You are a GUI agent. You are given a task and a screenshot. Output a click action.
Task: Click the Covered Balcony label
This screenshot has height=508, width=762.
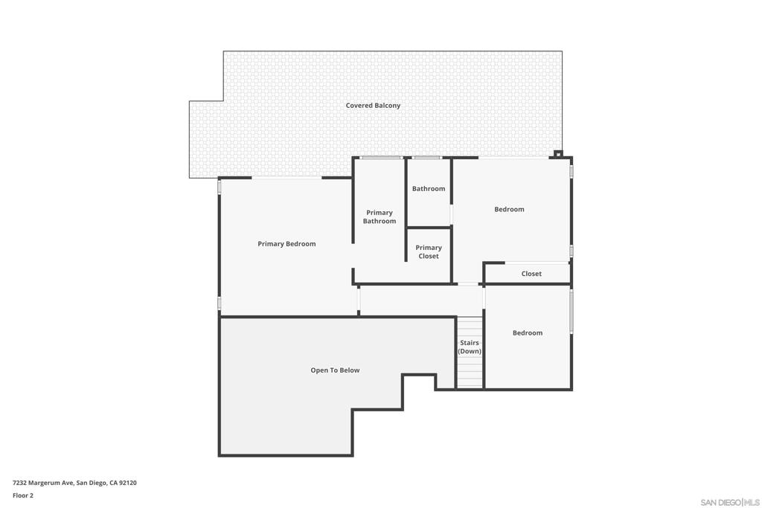tap(373, 106)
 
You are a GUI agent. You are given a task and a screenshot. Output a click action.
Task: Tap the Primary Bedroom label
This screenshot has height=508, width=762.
tap(286, 244)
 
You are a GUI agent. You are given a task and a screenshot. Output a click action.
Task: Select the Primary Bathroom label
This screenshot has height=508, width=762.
tap(380, 217)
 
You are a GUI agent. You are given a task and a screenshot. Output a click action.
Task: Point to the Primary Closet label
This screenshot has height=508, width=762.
tap(429, 252)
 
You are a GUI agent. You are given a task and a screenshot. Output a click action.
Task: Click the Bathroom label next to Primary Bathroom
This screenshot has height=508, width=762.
tap(429, 189)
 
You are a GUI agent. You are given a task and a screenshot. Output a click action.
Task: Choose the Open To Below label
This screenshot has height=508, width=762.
tap(335, 370)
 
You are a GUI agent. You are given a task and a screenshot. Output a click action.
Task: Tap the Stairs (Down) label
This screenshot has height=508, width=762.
tap(470, 347)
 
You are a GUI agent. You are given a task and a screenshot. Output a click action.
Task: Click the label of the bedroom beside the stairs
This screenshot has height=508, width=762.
tap(528, 333)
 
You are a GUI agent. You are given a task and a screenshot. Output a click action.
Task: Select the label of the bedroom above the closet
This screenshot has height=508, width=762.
tap(510, 210)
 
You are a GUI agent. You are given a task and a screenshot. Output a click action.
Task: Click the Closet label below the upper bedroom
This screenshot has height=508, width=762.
tap(531, 274)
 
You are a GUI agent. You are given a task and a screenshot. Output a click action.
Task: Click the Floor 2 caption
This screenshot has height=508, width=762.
tap(23, 495)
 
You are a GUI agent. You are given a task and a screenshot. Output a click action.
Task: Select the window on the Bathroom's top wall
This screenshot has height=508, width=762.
tap(427, 158)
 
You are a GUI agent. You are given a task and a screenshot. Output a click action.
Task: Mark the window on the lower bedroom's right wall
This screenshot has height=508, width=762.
tap(571, 311)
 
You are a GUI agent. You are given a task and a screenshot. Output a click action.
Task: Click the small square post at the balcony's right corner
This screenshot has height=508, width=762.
tap(558, 154)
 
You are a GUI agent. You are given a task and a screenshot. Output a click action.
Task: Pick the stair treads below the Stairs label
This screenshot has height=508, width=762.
tap(470, 372)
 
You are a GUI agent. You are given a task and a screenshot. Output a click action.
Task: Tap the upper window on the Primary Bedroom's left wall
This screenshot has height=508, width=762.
tap(220, 187)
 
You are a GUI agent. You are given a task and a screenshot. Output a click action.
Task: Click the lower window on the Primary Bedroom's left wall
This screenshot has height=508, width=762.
tap(220, 303)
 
